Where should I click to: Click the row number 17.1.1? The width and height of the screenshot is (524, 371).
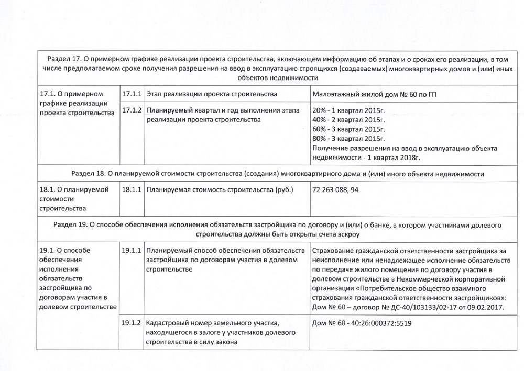pyautogui.click(x=131, y=94)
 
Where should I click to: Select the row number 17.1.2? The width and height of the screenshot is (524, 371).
pyautogui.click(x=131, y=111)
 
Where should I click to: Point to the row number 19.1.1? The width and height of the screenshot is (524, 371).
pyautogui.click(x=131, y=250)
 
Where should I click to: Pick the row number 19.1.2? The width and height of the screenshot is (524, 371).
pyautogui.click(x=131, y=323)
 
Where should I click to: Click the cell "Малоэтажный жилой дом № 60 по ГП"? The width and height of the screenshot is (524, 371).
pyautogui.click(x=374, y=94)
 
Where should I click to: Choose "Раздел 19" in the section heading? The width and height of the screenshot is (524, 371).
pyautogui.click(x=71, y=224)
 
